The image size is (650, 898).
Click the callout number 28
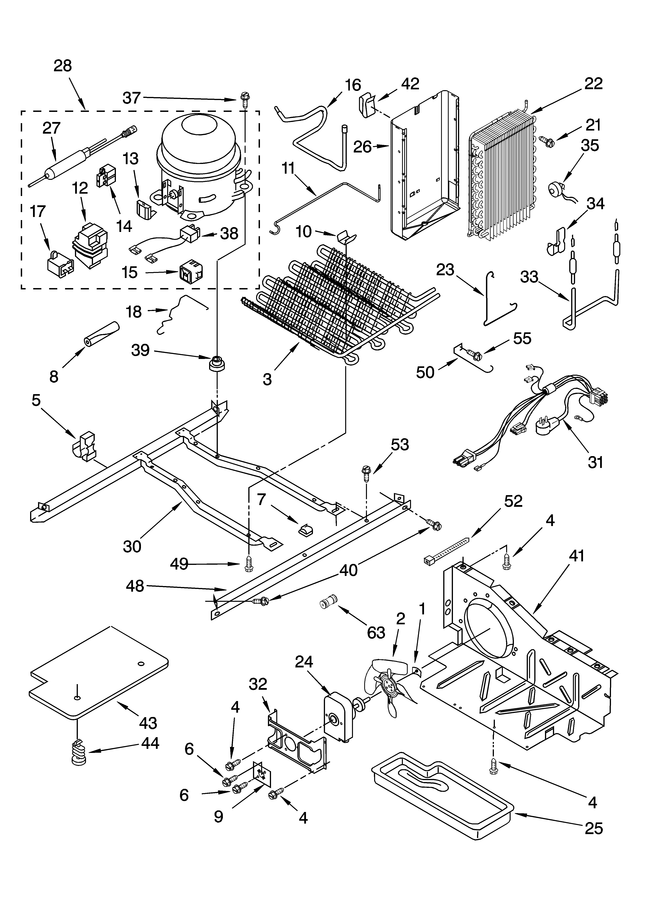(x=63, y=66)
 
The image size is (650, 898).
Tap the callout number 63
(x=376, y=632)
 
